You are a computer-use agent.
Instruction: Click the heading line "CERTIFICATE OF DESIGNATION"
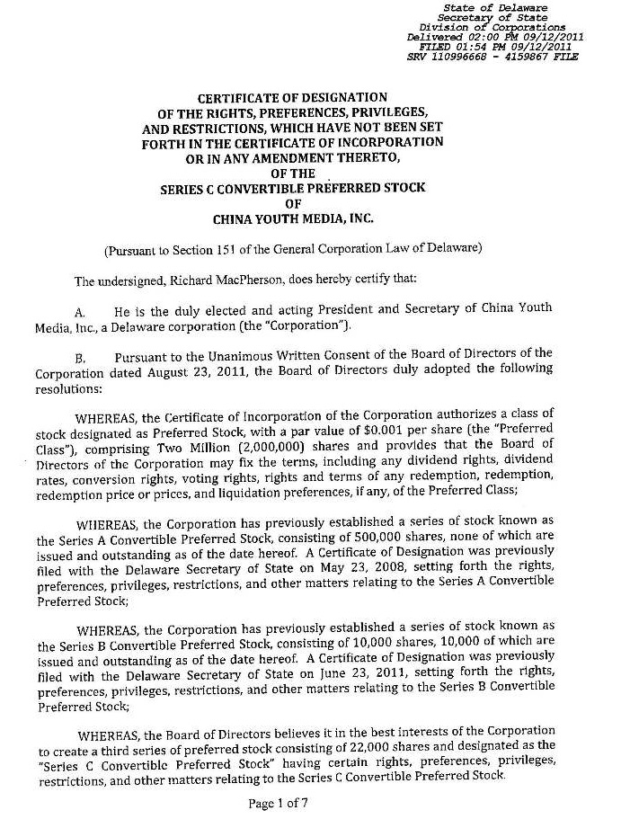(292, 97)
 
